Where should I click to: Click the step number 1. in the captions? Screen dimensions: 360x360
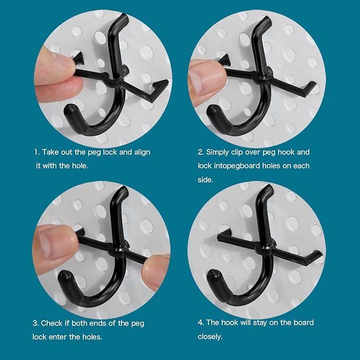tap(37, 152)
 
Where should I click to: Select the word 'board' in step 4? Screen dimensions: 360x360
tap(297, 323)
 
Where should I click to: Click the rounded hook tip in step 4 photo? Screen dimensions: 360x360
tap(213, 277)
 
